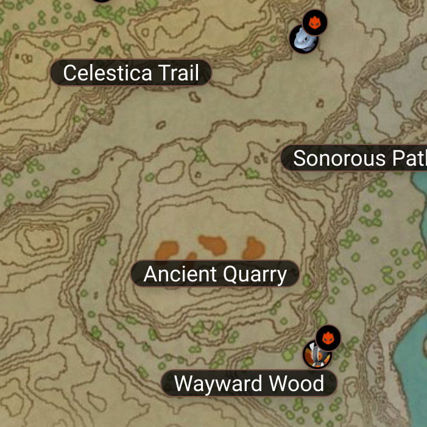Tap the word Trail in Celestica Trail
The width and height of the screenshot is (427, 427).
pyautogui.click(x=178, y=73)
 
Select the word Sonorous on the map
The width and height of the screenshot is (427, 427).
pyautogui.click(x=332, y=158)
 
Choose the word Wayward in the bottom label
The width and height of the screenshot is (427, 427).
pyautogui.click(x=211, y=384)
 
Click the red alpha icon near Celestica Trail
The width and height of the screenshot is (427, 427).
pyautogui.click(x=315, y=23)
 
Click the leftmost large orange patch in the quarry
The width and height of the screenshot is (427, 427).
pyautogui.click(x=166, y=250)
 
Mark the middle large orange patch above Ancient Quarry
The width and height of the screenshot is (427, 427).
pyautogui.click(x=213, y=245)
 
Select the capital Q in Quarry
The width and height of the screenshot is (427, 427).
pyautogui.click(x=231, y=274)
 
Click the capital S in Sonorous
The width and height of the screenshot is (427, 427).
pyautogui.click(x=299, y=158)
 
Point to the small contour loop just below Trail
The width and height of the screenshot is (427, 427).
pyautogui.click(x=195, y=96)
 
